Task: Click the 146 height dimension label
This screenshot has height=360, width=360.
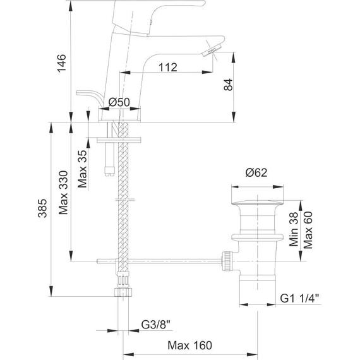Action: [61, 63]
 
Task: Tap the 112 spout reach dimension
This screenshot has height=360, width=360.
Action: [168, 67]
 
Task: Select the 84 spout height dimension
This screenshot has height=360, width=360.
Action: [228, 85]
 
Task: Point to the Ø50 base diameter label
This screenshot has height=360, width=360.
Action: [119, 102]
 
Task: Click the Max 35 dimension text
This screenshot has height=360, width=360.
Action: [83, 169]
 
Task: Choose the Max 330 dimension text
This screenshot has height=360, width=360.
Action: [63, 193]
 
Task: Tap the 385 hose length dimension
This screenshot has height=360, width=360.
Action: [42, 208]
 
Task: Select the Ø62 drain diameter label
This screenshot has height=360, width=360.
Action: [256, 172]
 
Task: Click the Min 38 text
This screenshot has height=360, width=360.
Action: [294, 229]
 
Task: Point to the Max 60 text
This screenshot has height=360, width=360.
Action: [308, 230]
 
